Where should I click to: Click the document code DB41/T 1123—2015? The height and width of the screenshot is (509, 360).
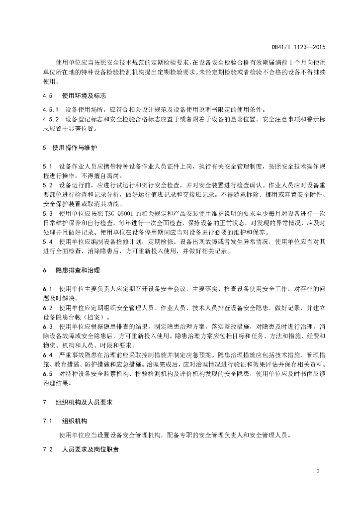point(298,47)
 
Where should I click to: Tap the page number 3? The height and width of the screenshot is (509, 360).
point(317,471)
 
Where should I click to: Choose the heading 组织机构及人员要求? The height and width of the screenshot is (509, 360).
point(85,402)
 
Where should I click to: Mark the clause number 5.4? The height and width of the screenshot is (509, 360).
point(48,242)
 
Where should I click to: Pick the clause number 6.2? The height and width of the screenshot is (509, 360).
point(48,308)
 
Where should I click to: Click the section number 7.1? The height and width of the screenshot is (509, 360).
point(48,421)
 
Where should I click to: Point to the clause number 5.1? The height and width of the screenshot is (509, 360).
point(48,166)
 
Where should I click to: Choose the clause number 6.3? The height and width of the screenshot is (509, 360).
point(48,326)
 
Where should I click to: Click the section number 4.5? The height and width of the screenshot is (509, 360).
point(48,95)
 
